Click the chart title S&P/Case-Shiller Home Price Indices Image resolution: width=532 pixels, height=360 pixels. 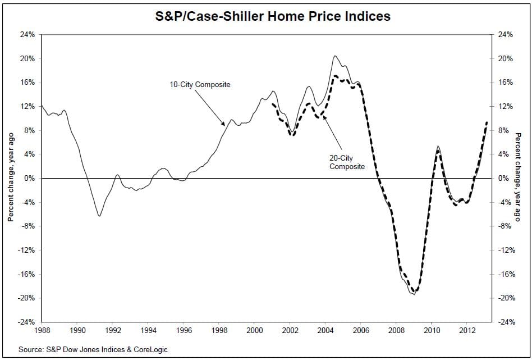click(x=272, y=16)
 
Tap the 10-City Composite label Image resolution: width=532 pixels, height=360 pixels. click(x=200, y=85)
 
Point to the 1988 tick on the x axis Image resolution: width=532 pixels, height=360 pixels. click(x=42, y=330)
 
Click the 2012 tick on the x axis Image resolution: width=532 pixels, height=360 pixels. click(x=467, y=330)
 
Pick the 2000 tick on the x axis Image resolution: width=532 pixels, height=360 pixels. click(x=255, y=330)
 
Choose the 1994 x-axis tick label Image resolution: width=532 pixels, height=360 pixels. click(x=148, y=330)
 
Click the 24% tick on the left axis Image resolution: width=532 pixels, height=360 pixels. click(x=27, y=35)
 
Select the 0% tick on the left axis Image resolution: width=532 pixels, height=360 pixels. click(x=29, y=178)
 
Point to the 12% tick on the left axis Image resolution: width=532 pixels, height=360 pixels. click(x=27, y=106)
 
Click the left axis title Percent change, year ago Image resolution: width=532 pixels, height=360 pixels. click(x=11, y=178)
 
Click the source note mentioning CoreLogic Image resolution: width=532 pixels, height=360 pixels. click(x=93, y=349)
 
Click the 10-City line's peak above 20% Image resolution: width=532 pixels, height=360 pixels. click(x=335, y=56)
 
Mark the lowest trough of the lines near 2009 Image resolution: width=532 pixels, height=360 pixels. click(x=414, y=294)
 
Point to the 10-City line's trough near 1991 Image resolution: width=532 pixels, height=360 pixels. click(x=99, y=216)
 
